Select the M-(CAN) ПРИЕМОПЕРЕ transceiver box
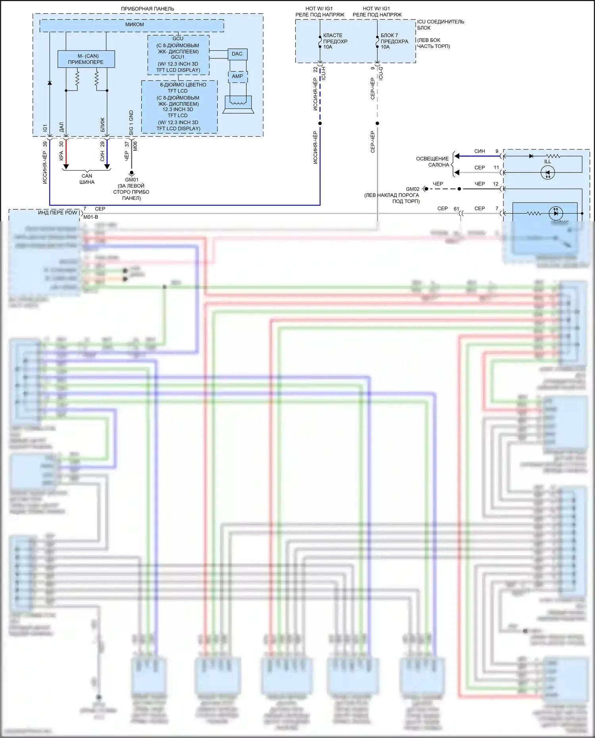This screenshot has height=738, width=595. (x=86, y=59)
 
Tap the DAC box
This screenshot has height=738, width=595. (x=237, y=54)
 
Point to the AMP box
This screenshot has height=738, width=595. (x=237, y=77)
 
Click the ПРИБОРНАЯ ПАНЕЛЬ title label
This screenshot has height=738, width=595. (x=148, y=9)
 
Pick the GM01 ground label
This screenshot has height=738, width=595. (x=132, y=180)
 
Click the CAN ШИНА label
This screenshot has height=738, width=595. (x=87, y=179)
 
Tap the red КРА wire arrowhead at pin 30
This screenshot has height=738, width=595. (x=66, y=167)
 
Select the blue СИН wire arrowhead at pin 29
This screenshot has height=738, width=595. (x=107, y=167)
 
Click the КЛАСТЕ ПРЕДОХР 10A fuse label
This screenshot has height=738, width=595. (x=335, y=41)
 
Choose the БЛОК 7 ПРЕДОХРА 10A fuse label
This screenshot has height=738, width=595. (x=394, y=41)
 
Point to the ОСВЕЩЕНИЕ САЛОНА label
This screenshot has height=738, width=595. (x=432, y=162)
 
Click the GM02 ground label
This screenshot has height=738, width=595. (x=413, y=189)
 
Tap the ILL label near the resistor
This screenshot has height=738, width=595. (x=548, y=162)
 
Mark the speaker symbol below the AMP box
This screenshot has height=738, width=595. (x=238, y=104)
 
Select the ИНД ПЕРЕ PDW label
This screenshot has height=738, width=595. (x=58, y=213)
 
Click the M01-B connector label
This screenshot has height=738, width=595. (x=91, y=217)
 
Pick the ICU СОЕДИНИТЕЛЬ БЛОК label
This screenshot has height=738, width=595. (x=440, y=25)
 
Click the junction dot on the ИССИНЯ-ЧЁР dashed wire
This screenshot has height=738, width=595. (x=320, y=123)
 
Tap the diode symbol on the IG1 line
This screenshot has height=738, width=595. (x=50, y=83)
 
